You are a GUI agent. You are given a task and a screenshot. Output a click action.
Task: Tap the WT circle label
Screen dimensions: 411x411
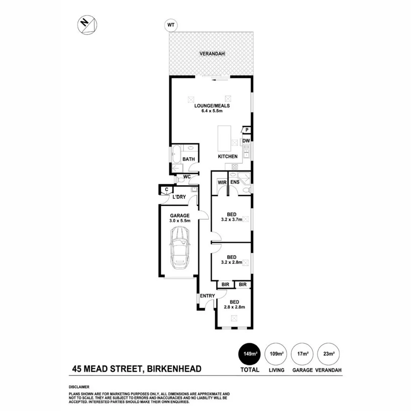pyautogui.click(x=170, y=25)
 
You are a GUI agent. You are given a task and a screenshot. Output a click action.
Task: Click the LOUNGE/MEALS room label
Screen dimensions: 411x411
pyautogui.click(x=212, y=106)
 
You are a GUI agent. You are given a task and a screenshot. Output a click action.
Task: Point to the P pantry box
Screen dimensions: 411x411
pyautogui.click(x=247, y=130)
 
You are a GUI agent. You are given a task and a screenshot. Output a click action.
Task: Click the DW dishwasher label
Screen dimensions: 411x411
pyautogui.click(x=247, y=141)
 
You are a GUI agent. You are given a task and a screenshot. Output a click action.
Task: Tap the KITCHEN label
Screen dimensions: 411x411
pyautogui.click(x=228, y=156)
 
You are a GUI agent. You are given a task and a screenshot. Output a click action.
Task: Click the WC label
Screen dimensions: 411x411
pyautogui.click(x=187, y=177)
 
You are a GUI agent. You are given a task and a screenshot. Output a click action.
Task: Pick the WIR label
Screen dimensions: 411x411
pyautogui.click(x=222, y=183)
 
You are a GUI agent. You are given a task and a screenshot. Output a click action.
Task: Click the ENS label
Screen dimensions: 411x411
pyautogui.click(x=234, y=183)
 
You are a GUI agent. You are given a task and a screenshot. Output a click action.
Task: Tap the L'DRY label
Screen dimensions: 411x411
pyautogui.click(x=179, y=197)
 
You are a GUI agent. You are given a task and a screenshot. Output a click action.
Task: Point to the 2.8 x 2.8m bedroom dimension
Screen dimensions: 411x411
pyautogui.click(x=234, y=307)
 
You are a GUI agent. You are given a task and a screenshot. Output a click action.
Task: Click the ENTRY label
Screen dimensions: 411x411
pyautogui.click(x=207, y=296)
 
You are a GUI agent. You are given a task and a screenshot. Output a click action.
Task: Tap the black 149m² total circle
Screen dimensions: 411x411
pyautogui.click(x=249, y=354)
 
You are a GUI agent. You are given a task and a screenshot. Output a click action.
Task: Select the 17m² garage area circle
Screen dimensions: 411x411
pyautogui.click(x=303, y=354)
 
